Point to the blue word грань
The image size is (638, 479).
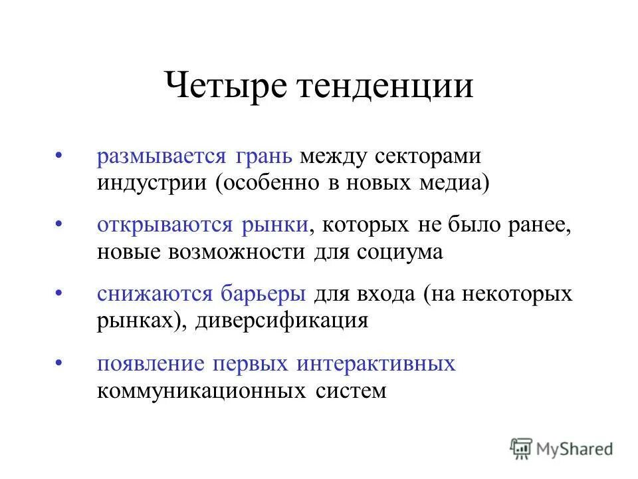tap(263, 158)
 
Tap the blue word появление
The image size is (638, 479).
tap(151, 363)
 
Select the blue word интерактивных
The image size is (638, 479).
tap(376, 363)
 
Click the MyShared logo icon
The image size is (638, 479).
tap(522, 448)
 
